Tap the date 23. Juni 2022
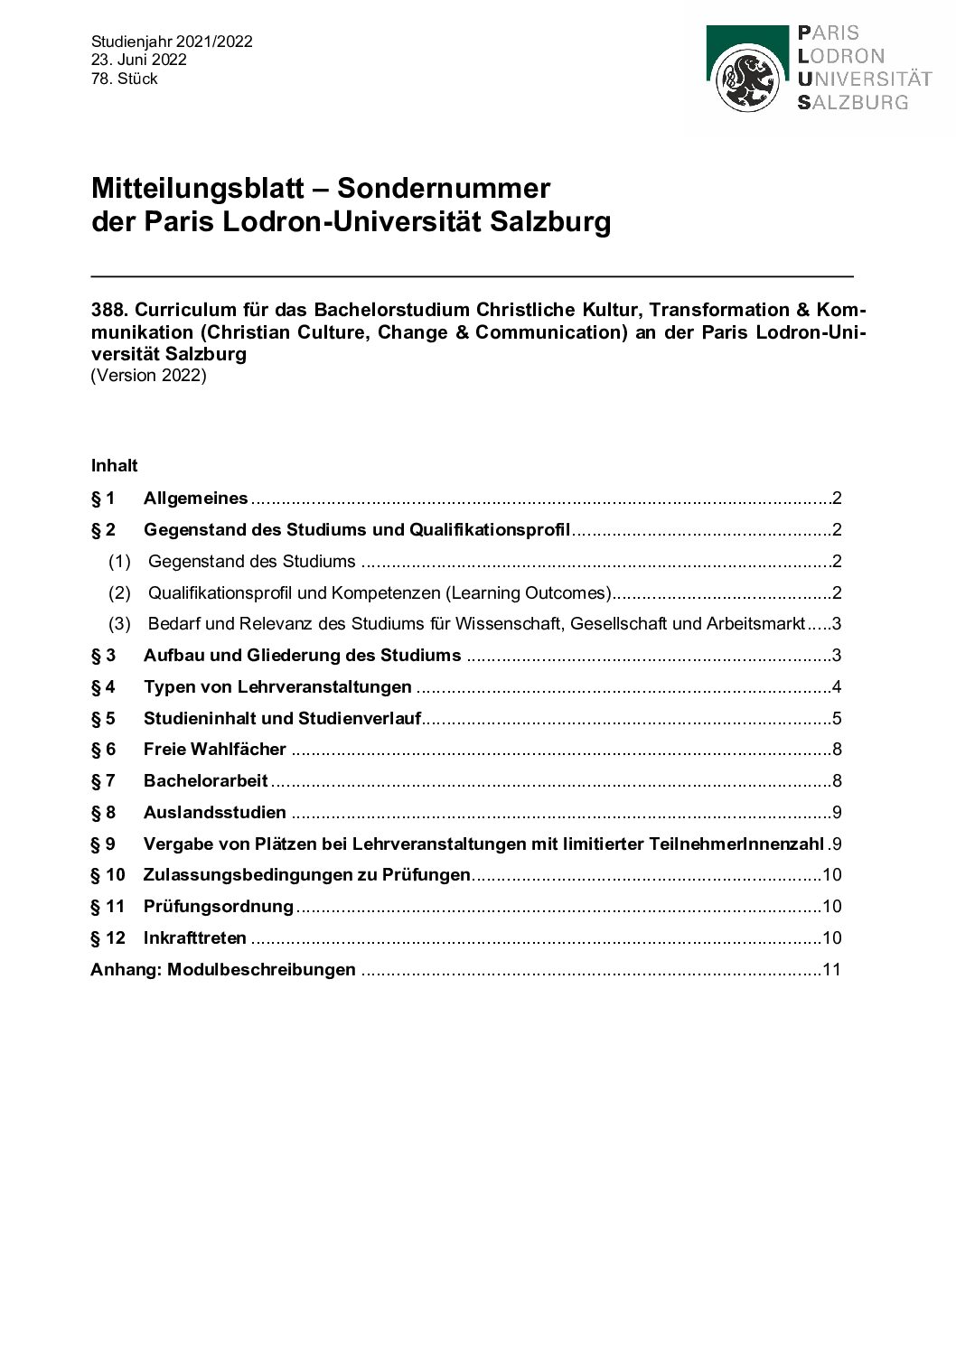click(138, 60)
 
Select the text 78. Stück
click(124, 79)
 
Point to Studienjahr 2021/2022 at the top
click(172, 42)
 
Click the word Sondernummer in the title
click(443, 188)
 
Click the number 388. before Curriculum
click(109, 310)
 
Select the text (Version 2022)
click(148, 376)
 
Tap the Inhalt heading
click(114, 466)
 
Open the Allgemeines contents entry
click(195, 498)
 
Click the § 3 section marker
click(103, 655)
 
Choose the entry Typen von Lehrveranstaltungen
click(277, 686)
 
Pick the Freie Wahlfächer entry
click(214, 749)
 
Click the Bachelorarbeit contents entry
click(205, 780)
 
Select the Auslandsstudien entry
click(214, 812)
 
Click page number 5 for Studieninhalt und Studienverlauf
click(837, 719)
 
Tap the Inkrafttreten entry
click(194, 937)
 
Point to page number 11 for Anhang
click(831, 969)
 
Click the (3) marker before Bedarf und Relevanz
click(119, 623)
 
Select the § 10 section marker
click(108, 874)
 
